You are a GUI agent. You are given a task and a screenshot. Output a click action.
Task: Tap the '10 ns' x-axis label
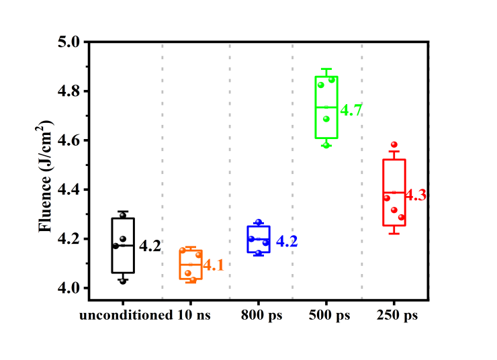tap(191, 316)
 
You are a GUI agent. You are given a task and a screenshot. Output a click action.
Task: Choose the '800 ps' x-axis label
tap(261, 316)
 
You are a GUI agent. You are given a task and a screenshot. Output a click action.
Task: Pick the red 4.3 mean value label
tap(416, 195)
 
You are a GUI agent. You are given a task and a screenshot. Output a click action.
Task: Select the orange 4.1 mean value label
tap(213, 265)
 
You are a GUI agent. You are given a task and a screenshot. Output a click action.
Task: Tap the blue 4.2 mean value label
tap(287, 241)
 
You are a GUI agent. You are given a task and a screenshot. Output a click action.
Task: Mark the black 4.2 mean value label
tap(150, 246)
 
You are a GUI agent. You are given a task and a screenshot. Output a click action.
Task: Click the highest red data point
tap(394, 144)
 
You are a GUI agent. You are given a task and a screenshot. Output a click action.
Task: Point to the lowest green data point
tap(326, 144)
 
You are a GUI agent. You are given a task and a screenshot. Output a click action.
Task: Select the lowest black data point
tap(123, 281)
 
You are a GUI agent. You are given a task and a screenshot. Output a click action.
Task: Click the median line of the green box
tap(327, 107)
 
